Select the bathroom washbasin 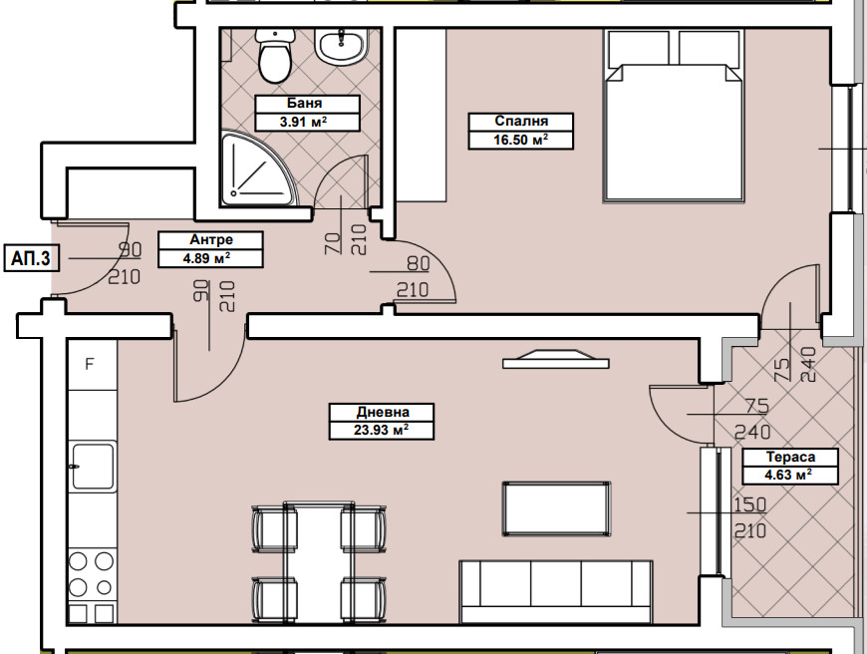341,47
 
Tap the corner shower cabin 255,167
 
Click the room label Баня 304,104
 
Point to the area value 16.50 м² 521,140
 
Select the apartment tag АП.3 31,258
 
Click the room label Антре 211,239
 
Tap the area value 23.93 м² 382,430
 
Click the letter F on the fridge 90,364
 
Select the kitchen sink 92,466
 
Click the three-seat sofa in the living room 556,592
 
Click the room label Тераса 790,457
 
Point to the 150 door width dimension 749,504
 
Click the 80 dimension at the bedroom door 418,264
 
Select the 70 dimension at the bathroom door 333,243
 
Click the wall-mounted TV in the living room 556,359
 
